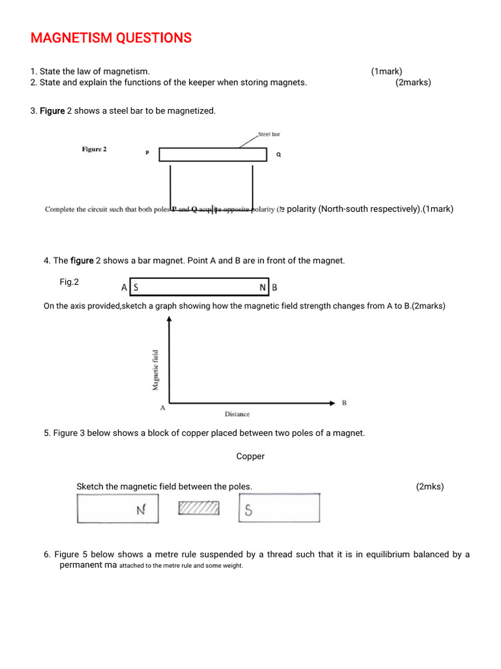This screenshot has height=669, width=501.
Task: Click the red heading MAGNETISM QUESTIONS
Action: click(x=111, y=39)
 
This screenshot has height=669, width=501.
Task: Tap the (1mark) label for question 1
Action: click(x=387, y=71)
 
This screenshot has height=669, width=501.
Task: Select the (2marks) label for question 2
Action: click(x=413, y=82)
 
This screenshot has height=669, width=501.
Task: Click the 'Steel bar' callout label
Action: click(x=269, y=134)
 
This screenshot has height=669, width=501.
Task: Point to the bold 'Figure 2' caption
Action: click(x=94, y=149)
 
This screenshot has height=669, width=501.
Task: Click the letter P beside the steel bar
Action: click(x=147, y=154)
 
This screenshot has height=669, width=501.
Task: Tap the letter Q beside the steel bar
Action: click(x=279, y=154)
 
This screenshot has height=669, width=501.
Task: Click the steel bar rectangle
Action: click(x=213, y=154)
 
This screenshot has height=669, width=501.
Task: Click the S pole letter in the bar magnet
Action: click(x=136, y=287)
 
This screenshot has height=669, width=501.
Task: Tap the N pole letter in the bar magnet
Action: click(x=262, y=287)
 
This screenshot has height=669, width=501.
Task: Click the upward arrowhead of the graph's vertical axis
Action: click(x=170, y=319)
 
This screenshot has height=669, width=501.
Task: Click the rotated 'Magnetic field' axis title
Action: click(x=155, y=370)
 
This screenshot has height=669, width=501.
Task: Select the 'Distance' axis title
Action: click(x=237, y=414)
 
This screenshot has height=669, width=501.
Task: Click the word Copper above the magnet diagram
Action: click(x=250, y=457)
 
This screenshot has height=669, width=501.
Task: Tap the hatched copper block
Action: click(x=199, y=508)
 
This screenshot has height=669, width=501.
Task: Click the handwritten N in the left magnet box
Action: click(x=140, y=510)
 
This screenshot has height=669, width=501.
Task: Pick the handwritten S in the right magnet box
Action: click(x=249, y=512)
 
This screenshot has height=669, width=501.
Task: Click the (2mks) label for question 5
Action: click(x=429, y=487)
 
